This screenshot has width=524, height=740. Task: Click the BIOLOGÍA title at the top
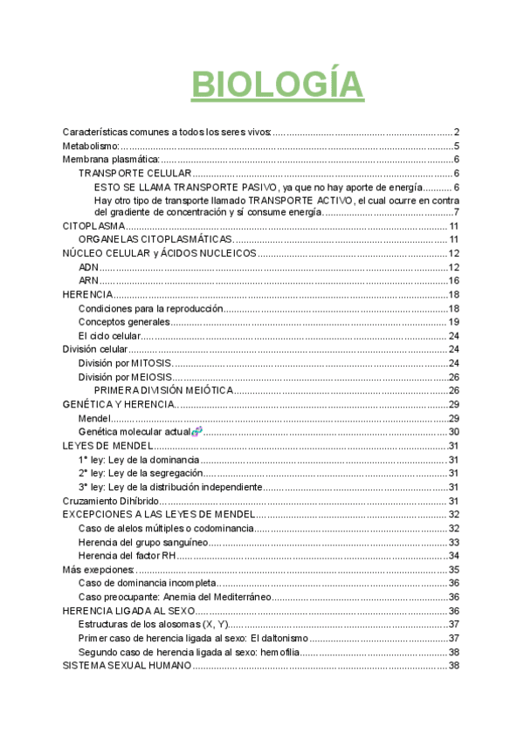(x=277, y=85)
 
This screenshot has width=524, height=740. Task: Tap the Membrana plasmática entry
(x=111, y=160)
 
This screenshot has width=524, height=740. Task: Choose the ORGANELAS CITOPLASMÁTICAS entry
(x=155, y=239)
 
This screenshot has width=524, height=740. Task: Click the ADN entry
(x=88, y=266)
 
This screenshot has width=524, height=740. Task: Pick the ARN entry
(x=88, y=280)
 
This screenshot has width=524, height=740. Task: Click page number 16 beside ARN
(x=453, y=280)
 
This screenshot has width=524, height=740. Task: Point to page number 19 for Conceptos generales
(x=453, y=322)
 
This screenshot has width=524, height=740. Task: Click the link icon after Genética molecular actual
(x=196, y=431)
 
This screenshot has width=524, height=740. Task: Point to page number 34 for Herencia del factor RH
(x=453, y=555)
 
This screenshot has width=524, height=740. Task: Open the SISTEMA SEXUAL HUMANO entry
(x=127, y=665)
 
